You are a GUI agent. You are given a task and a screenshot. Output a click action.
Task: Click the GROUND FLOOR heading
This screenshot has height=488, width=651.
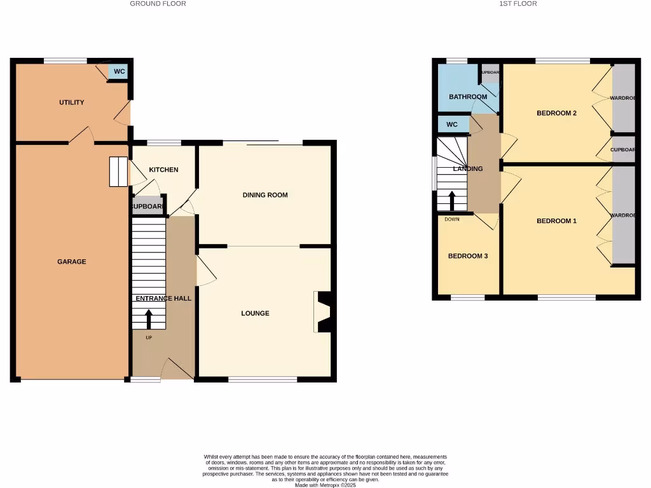(x=158, y=4)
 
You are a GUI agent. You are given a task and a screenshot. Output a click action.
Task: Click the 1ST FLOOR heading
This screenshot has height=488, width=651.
(x=518, y=4)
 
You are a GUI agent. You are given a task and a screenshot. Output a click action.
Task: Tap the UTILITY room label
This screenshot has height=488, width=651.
(x=71, y=102)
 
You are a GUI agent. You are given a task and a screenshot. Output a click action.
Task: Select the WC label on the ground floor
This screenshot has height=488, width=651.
(x=119, y=71)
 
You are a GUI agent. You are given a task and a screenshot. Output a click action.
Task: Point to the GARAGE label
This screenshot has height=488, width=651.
(x=72, y=262)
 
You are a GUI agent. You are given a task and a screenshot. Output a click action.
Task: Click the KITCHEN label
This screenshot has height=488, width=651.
(x=163, y=170)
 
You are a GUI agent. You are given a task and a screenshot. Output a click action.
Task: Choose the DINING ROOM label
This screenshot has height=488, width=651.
(x=265, y=195)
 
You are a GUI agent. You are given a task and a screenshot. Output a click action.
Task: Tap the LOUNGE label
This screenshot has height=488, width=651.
(x=255, y=313)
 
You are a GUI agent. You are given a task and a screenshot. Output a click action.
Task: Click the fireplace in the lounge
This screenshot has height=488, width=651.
(x=324, y=312)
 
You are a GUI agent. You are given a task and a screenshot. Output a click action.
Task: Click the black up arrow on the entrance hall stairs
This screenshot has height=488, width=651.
(x=149, y=318)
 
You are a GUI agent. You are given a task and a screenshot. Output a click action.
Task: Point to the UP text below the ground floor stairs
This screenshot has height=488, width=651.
(x=149, y=337)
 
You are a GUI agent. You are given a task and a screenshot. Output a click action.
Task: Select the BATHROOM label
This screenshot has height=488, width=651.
(x=468, y=97)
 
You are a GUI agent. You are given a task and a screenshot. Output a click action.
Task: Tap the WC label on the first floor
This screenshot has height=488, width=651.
(x=452, y=125)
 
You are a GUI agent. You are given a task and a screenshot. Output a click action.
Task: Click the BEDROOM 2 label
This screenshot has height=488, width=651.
(x=556, y=113)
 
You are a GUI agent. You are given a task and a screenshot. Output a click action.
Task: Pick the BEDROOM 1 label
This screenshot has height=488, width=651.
(x=556, y=221)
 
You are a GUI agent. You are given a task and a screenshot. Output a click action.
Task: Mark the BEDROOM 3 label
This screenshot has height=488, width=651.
(x=468, y=256)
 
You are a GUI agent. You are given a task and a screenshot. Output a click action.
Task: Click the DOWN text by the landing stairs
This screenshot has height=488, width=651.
(x=452, y=219)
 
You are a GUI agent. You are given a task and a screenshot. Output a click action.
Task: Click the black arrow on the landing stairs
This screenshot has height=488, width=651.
(x=452, y=201)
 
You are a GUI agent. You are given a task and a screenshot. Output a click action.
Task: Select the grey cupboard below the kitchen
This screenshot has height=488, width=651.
(x=147, y=207)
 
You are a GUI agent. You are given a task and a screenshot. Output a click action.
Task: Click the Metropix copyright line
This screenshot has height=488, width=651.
(x=325, y=485)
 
